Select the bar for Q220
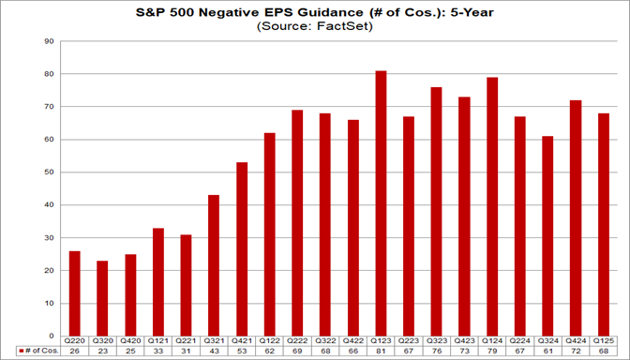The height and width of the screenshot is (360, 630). [75, 292]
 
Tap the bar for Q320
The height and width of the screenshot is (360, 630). [103, 297]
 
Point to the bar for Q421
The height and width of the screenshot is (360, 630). [242, 248]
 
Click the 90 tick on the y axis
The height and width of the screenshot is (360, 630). [50, 42]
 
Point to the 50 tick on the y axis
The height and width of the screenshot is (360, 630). [50, 172]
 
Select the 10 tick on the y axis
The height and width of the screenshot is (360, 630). [50, 303]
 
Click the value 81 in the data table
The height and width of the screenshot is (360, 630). [381, 351]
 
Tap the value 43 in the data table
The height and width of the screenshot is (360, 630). [214, 351]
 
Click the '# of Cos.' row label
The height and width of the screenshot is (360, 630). [37, 351]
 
